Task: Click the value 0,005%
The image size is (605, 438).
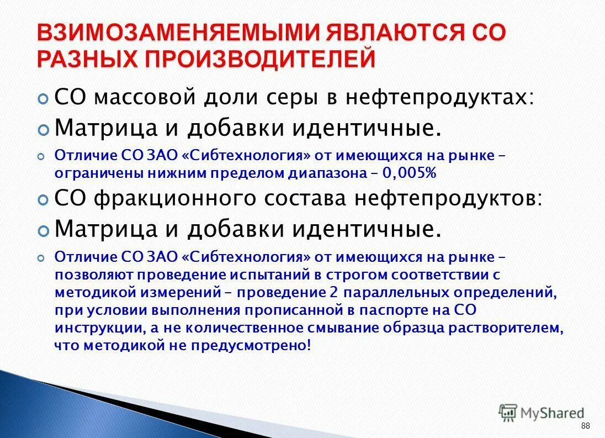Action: coord(409,173)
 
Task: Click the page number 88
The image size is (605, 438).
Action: coord(585,425)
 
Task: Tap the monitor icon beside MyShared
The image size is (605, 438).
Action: coord(507,412)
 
